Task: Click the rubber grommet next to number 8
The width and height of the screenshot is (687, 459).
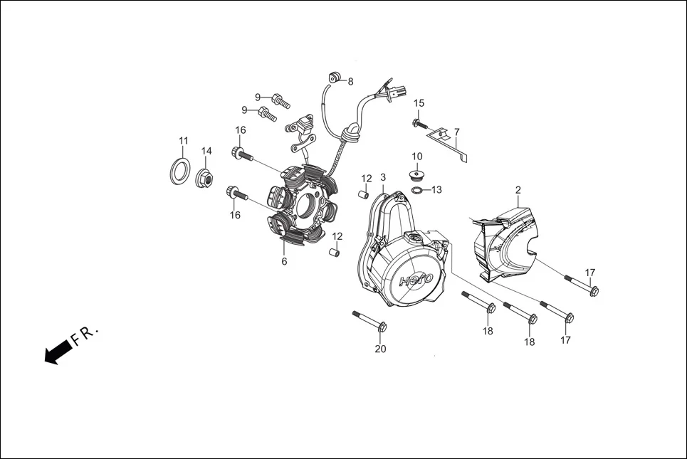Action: point(335,78)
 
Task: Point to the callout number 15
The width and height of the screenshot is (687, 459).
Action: point(419,103)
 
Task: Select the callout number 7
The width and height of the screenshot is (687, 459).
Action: point(457,132)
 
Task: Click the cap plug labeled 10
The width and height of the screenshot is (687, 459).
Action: point(416,174)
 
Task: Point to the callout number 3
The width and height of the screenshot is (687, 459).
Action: point(383,177)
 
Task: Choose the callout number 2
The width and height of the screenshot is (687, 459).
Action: point(518,190)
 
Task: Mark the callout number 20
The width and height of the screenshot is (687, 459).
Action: point(380,349)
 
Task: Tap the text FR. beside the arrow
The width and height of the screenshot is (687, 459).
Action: point(87,333)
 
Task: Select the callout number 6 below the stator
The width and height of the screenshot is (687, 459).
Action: point(284,261)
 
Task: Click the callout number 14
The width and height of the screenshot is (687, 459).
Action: point(206,151)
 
